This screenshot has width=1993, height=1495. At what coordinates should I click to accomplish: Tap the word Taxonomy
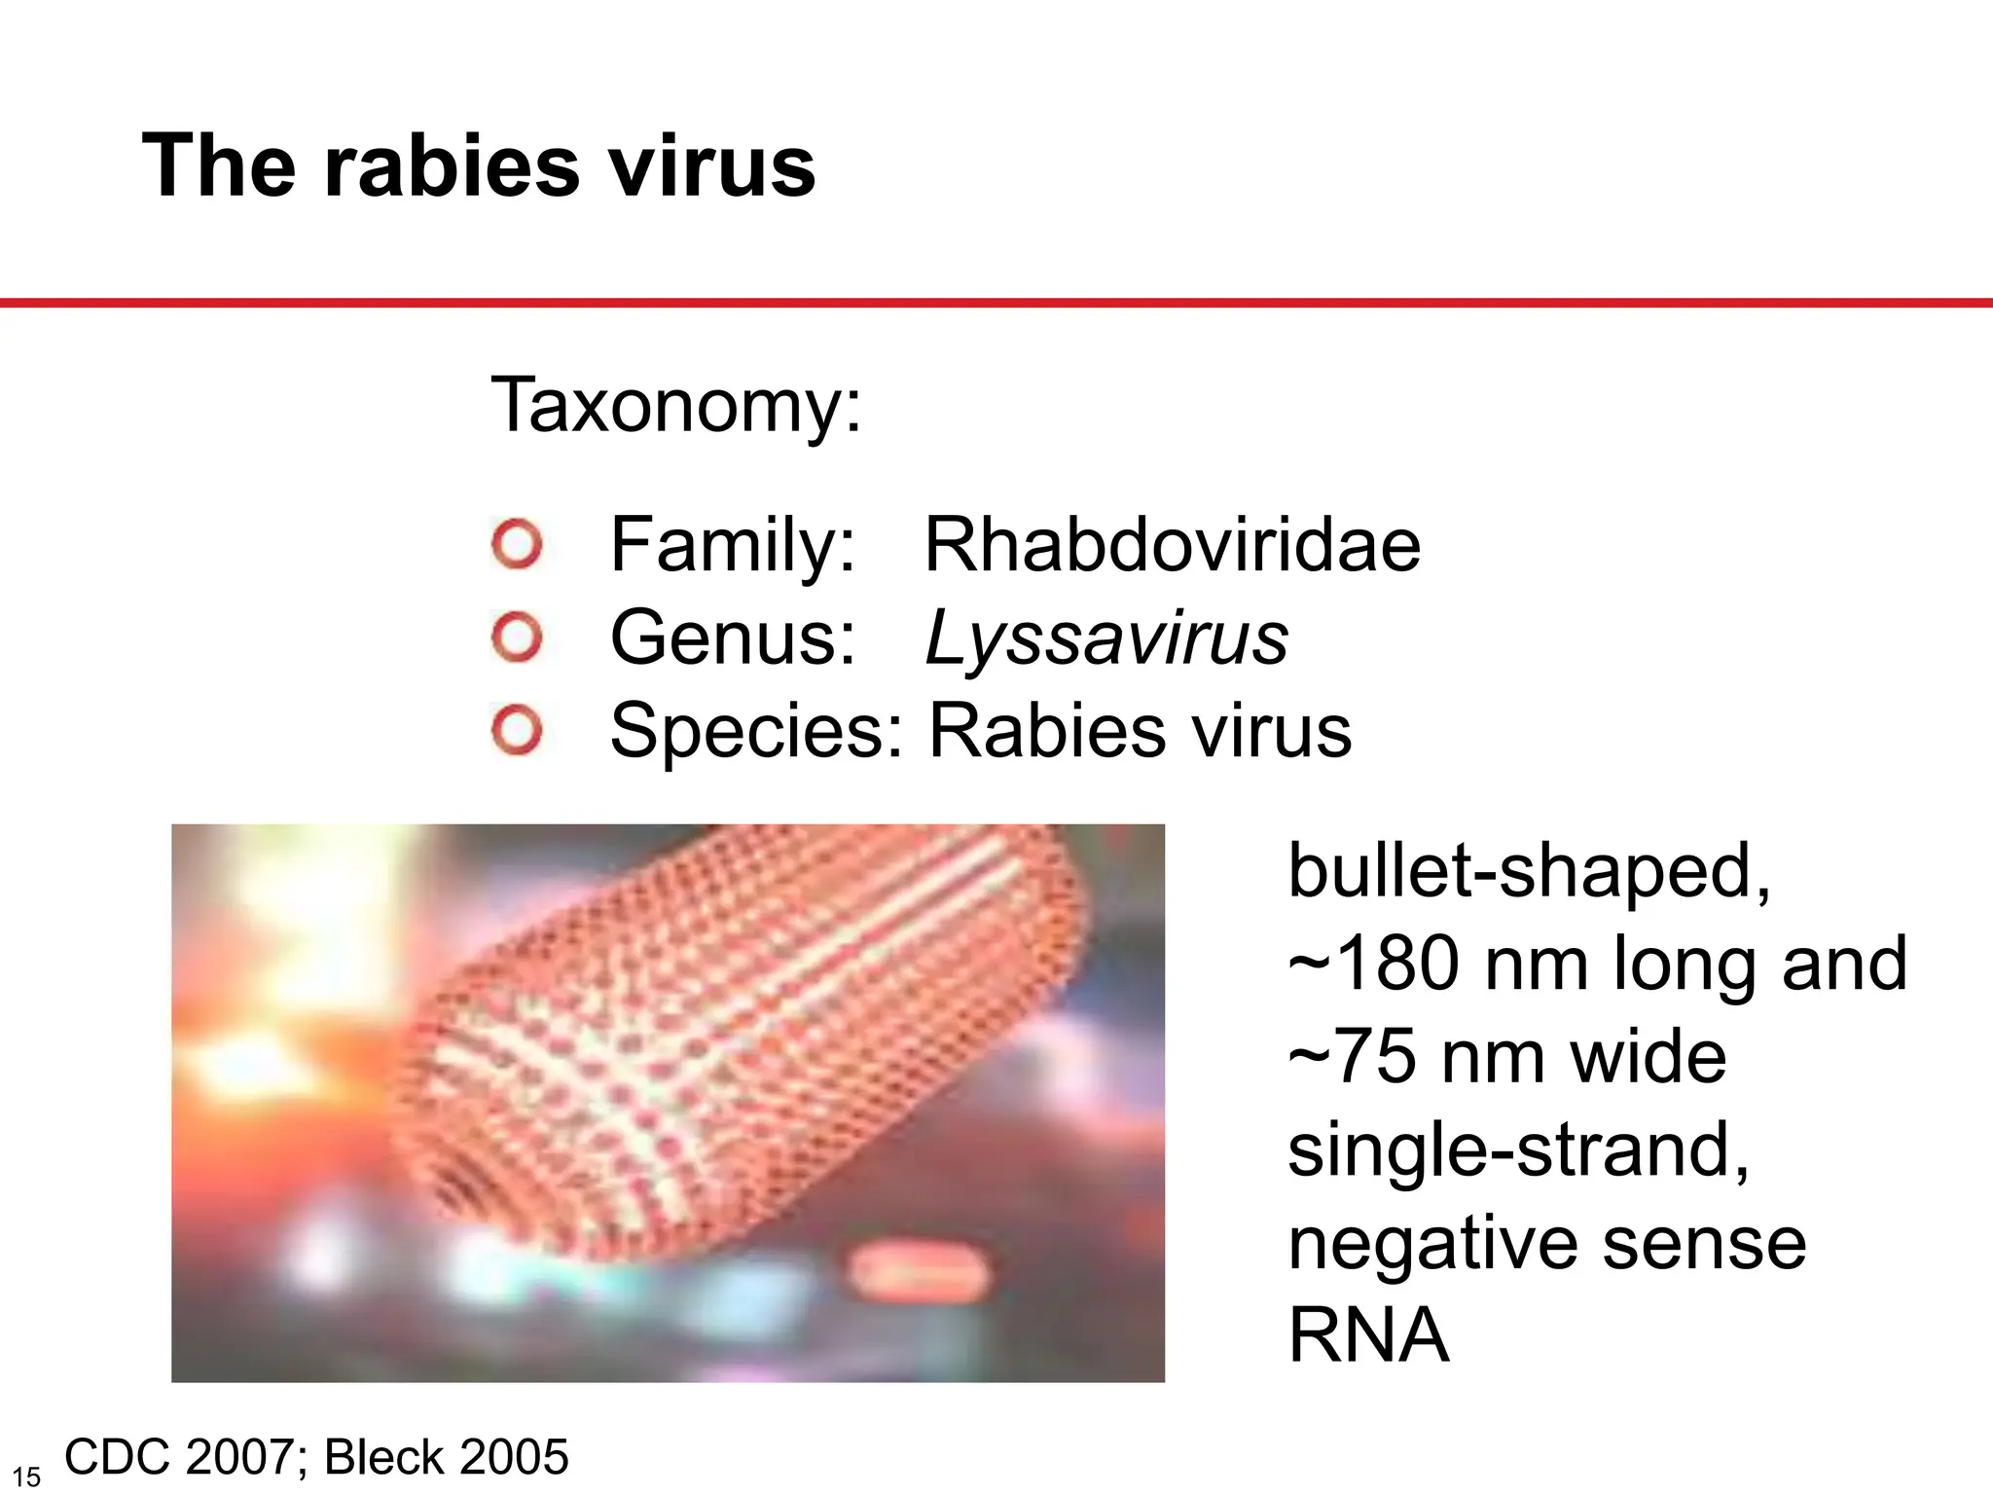click(675, 405)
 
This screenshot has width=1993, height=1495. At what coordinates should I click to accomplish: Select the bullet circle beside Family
click(517, 545)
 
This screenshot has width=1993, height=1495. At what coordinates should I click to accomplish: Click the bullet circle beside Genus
click(517, 638)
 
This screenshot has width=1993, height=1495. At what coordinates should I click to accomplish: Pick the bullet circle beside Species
click(517, 731)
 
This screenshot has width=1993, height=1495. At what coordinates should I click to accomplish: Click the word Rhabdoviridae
click(1172, 545)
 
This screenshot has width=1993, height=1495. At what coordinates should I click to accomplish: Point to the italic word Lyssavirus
click(1106, 639)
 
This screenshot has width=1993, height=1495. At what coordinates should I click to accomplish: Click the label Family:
click(732, 545)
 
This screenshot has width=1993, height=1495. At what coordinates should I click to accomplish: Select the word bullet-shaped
click(1528, 870)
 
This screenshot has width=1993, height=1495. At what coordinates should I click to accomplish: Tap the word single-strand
click(1518, 1150)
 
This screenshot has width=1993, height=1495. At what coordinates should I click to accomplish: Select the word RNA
click(1368, 1336)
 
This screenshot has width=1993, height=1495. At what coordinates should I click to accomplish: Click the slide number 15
click(26, 1477)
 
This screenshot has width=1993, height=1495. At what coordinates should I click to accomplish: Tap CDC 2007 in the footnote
click(181, 1458)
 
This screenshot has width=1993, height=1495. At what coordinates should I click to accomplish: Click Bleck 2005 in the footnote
click(446, 1458)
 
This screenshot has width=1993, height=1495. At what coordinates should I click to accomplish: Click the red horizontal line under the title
click(996, 303)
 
